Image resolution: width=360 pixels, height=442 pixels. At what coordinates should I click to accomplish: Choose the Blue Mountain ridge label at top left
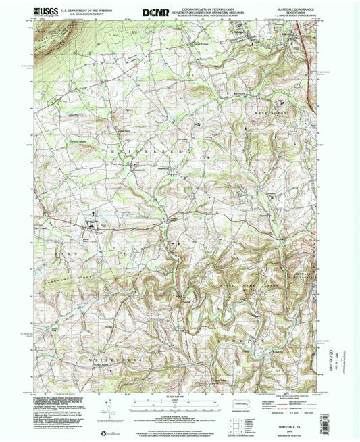[x=51, y=49]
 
